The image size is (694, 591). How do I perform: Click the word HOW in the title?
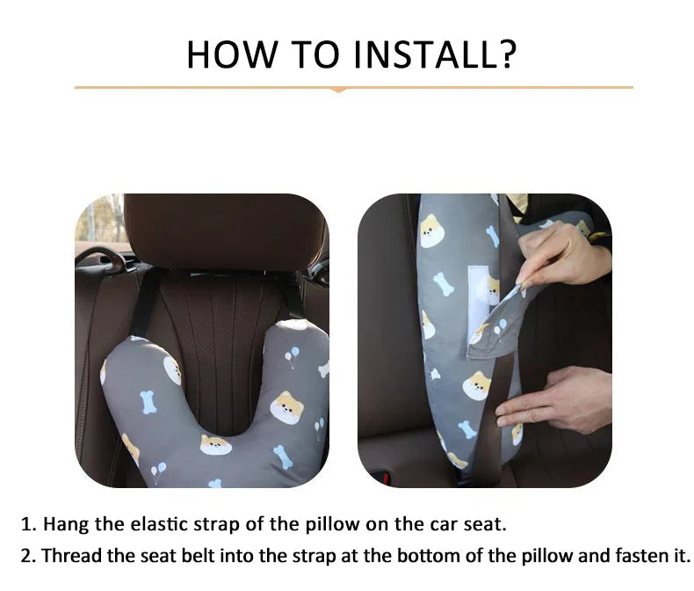pos(232,54)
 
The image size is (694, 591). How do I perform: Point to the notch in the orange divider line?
pos(338,90)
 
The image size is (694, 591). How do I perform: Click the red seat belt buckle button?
pos(386,478)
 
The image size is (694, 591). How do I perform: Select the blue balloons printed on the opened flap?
pos(501,326)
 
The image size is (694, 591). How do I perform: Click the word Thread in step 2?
pos(72,556)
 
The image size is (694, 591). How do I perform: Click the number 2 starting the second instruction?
pos(27,556)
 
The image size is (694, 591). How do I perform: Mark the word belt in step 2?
pos(199,556)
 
